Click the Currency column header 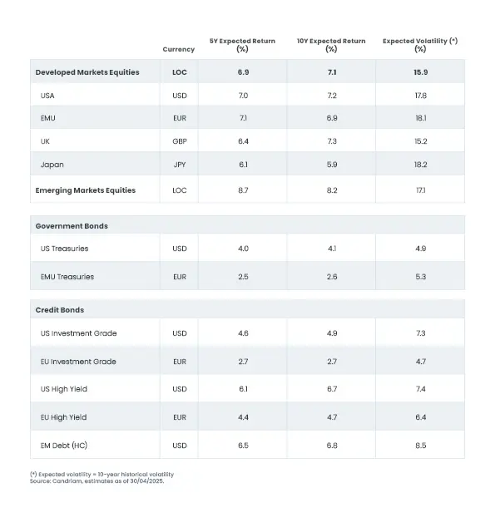tap(179, 49)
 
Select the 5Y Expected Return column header tap(242, 45)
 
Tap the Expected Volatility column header tap(420, 45)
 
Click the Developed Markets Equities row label tap(87, 72)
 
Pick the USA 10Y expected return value tap(332, 96)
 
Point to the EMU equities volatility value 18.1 tap(421, 118)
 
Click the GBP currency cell tap(180, 141)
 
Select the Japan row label tap(52, 165)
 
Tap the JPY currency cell tap(180, 165)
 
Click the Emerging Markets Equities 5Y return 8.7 tap(243, 190)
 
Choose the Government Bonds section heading tap(72, 226)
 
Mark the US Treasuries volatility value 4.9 tap(421, 249)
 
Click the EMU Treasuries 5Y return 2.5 tap(243, 277)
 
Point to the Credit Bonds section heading tap(60, 310)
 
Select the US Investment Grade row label tap(78, 333)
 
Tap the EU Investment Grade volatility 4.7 tap(421, 362)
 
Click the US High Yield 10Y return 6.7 tap(332, 389)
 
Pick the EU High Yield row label tap(63, 417)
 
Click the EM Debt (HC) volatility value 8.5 tap(421, 446)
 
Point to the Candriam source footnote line tap(97, 481)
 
